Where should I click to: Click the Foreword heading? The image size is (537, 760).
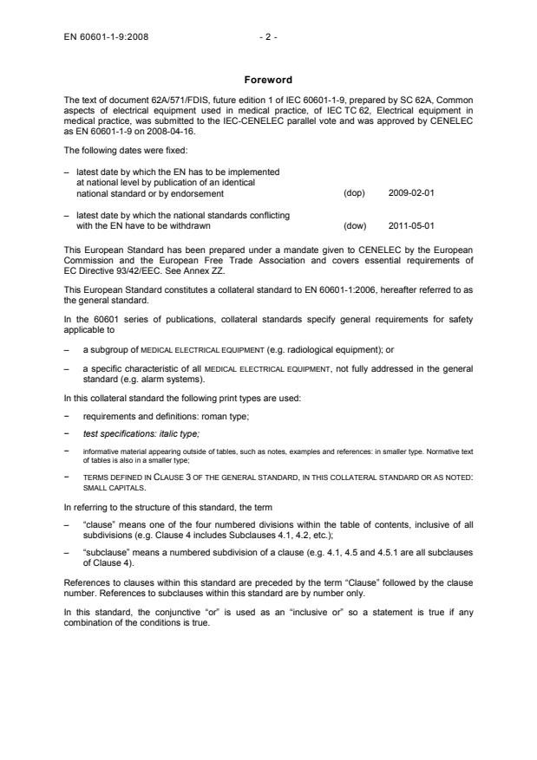pos(268,80)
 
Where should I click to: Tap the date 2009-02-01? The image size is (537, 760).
pos(412,192)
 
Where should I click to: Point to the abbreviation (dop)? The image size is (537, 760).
pos(354,192)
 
